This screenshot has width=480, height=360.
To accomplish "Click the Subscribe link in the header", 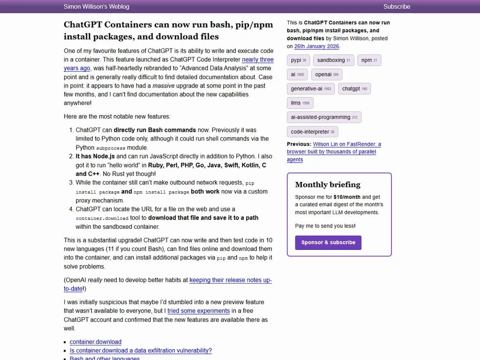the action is click(x=397, y=7).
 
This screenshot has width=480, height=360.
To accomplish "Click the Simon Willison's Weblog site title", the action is click(x=96, y=7).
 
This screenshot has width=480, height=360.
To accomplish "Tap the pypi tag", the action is click(x=298, y=60).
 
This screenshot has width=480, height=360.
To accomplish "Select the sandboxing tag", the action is click(x=333, y=60).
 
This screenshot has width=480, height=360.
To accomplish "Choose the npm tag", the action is click(x=369, y=60).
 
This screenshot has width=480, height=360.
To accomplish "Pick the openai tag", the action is click(x=326, y=75).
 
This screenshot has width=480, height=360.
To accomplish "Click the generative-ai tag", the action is click(x=310, y=89).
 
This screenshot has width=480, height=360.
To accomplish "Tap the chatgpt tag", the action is click(x=354, y=89).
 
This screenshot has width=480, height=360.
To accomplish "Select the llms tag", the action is click(x=300, y=103).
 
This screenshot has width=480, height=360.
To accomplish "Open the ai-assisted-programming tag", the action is click(x=323, y=117).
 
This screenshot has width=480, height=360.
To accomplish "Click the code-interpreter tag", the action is click(x=312, y=132).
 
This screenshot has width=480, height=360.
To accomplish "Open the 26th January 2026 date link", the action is click(x=316, y=46).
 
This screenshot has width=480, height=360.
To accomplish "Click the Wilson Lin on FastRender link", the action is click(x=347, y=144).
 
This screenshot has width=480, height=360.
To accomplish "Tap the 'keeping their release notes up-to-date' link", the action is click(x=230, y=280).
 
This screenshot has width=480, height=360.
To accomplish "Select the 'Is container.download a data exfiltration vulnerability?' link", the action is click(x=141, y=351).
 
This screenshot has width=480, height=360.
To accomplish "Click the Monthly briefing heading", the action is click(x=328, y=185).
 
